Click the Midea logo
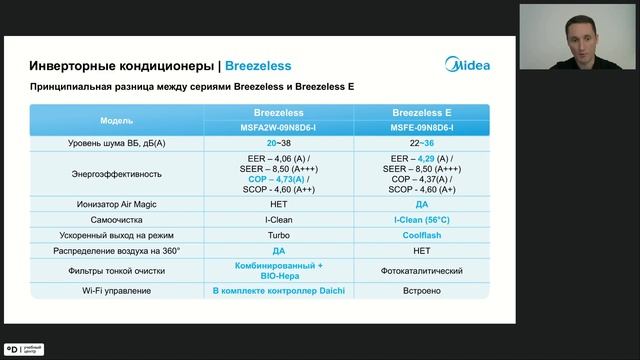point(466,66)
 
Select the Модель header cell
point(116,120)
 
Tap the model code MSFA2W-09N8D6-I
point(279,128)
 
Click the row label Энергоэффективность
point(116,173)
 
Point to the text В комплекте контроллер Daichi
point(279,291)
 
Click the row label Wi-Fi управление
point(116,291)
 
